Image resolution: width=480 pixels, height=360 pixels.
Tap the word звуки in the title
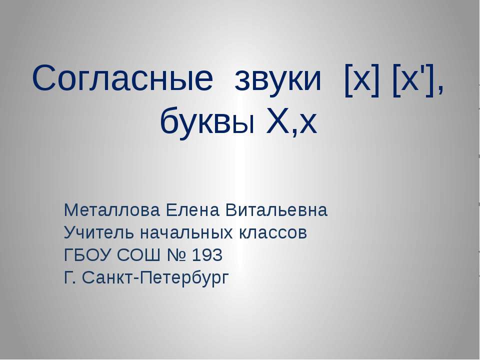(277, 79)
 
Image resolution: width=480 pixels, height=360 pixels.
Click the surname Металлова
(106, 210)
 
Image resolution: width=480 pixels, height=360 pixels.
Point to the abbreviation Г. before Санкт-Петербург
(70, 277)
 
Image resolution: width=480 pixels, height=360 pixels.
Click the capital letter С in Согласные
(43, 79)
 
